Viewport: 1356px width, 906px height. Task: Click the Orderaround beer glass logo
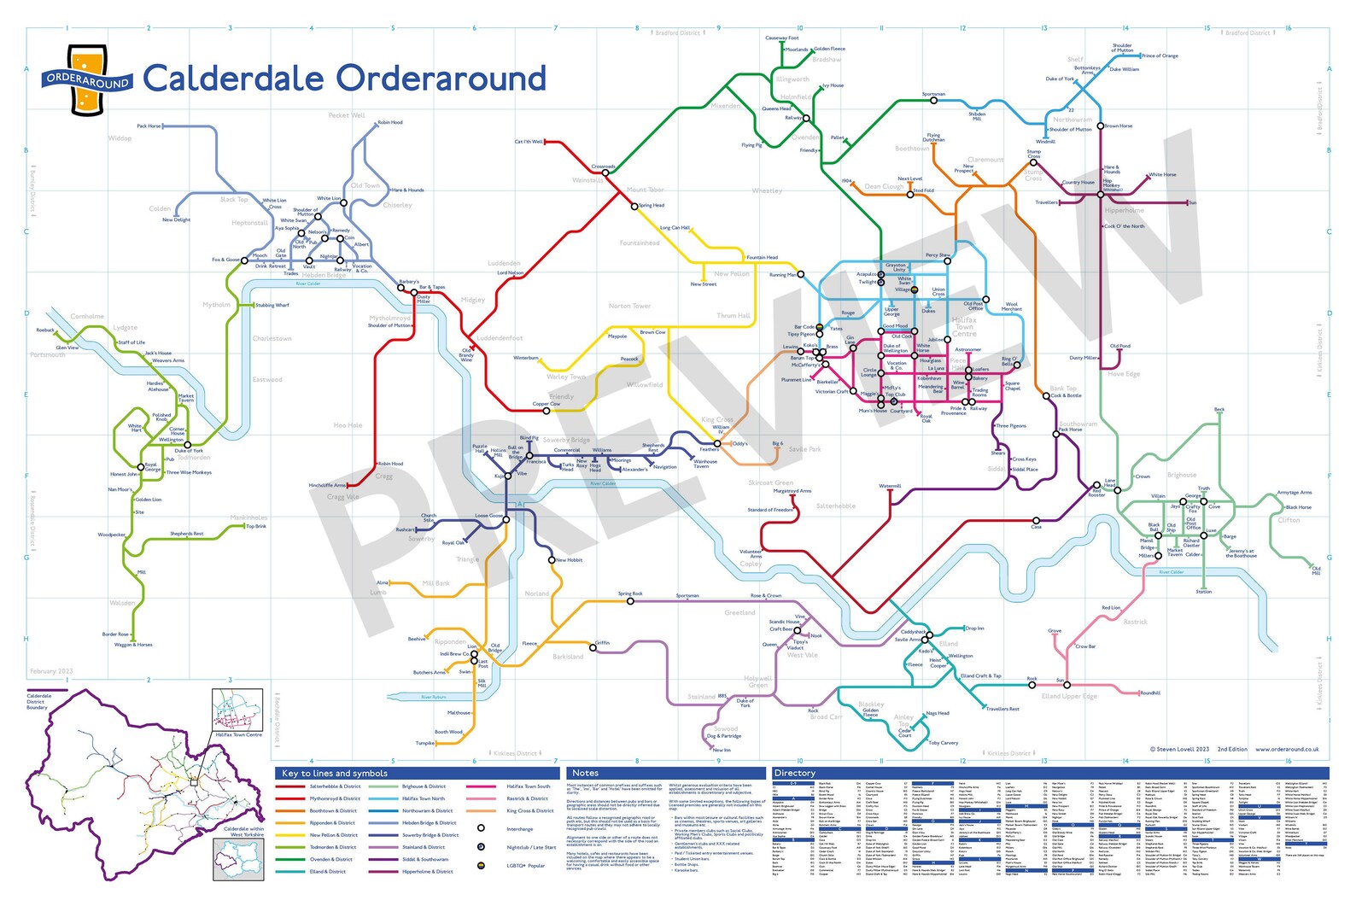[x=87, y=79]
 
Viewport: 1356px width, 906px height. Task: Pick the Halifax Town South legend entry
[x=528, y=786]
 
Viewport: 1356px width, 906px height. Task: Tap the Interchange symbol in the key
[x=482, y=828]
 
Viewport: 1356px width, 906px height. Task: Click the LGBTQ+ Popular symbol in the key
[x=482, y=865]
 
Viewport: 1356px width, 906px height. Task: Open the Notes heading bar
[x=585, y=773]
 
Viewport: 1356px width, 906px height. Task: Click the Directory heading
[x=794, y=773]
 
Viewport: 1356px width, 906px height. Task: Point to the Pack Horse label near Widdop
[x=148, y=126]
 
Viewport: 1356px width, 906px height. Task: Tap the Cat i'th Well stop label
[x=528, y=142]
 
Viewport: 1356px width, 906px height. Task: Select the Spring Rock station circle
[x=631, y=600]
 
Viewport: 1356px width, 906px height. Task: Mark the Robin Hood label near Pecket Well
[x=390, y=122]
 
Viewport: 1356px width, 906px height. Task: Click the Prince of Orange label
[x=1160, y=56]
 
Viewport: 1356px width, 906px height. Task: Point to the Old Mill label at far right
[x=1316, y=570]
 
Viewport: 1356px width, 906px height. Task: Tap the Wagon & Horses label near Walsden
[x=133, y=645]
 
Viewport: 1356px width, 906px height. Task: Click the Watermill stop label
[x=890, y=486]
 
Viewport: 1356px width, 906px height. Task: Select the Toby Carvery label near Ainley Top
[x=943, y=742]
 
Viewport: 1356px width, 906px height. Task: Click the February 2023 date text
[x=51, y=671]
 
